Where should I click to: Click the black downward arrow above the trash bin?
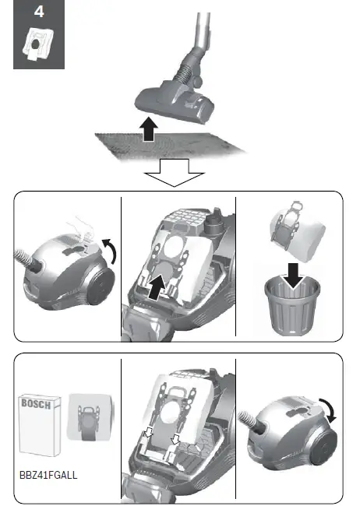click(291, 272)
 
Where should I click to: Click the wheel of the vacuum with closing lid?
click(325, 452)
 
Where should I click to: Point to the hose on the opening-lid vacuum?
click(29, 256)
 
